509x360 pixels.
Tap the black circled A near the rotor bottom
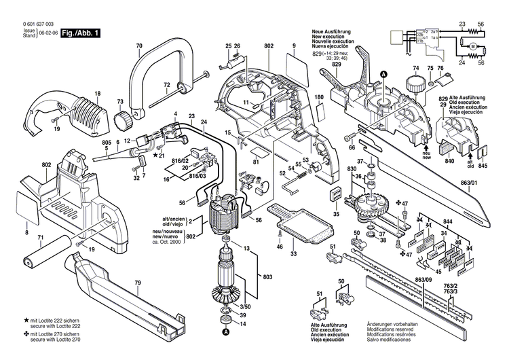(x=225, y=332)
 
